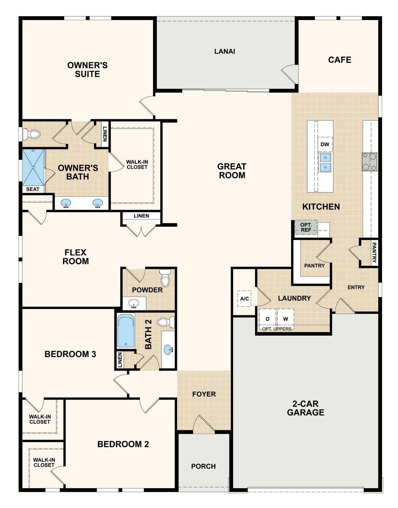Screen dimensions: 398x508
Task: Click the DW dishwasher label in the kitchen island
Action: click(x=325, y=144)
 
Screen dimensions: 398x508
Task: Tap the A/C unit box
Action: click(x=244, y=299)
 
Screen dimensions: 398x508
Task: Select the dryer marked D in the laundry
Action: click(x=268, y=319)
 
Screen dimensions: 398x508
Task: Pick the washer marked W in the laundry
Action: click(x=285, y=319)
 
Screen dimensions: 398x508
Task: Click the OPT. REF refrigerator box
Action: click(x=306, y=227)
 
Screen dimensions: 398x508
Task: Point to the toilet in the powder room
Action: click(x=165, y=278)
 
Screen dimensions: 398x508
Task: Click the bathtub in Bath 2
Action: click(x=126, y=331)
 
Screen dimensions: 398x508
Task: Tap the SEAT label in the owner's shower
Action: click(x=33, y=189)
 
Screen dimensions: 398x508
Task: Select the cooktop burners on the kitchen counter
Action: click(x=370, y=162)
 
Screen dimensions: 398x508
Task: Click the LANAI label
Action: click(x=225, y=51)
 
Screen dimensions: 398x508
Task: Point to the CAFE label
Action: click(x=339, y=60)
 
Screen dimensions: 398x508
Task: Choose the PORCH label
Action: click(x=203, y=466)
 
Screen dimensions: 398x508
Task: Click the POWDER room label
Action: click(x=147, y=290)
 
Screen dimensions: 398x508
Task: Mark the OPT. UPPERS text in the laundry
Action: click(x=277, y=329)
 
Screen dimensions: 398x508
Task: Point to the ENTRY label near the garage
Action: click(x=356, y=287)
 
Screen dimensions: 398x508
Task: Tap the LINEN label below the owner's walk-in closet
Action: click(x=141, y=216)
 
